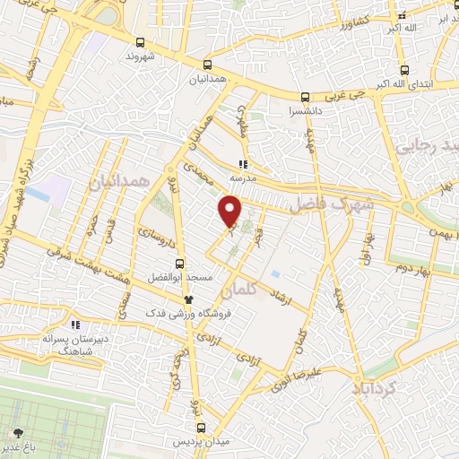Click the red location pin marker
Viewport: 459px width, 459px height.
(x=230, y=212)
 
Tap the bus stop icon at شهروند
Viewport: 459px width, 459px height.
(x=139, y=42)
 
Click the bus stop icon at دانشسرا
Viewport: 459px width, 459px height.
(x=305, y=97)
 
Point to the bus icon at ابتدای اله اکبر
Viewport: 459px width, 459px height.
(x=404, y=69)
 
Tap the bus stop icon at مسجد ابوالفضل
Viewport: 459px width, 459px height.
(x=180, y=264)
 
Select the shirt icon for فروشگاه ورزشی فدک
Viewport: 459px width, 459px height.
(x=187, y=299)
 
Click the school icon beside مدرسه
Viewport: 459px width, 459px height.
(x=241, y=164)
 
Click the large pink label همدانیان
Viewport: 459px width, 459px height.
(x=117, y=183)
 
